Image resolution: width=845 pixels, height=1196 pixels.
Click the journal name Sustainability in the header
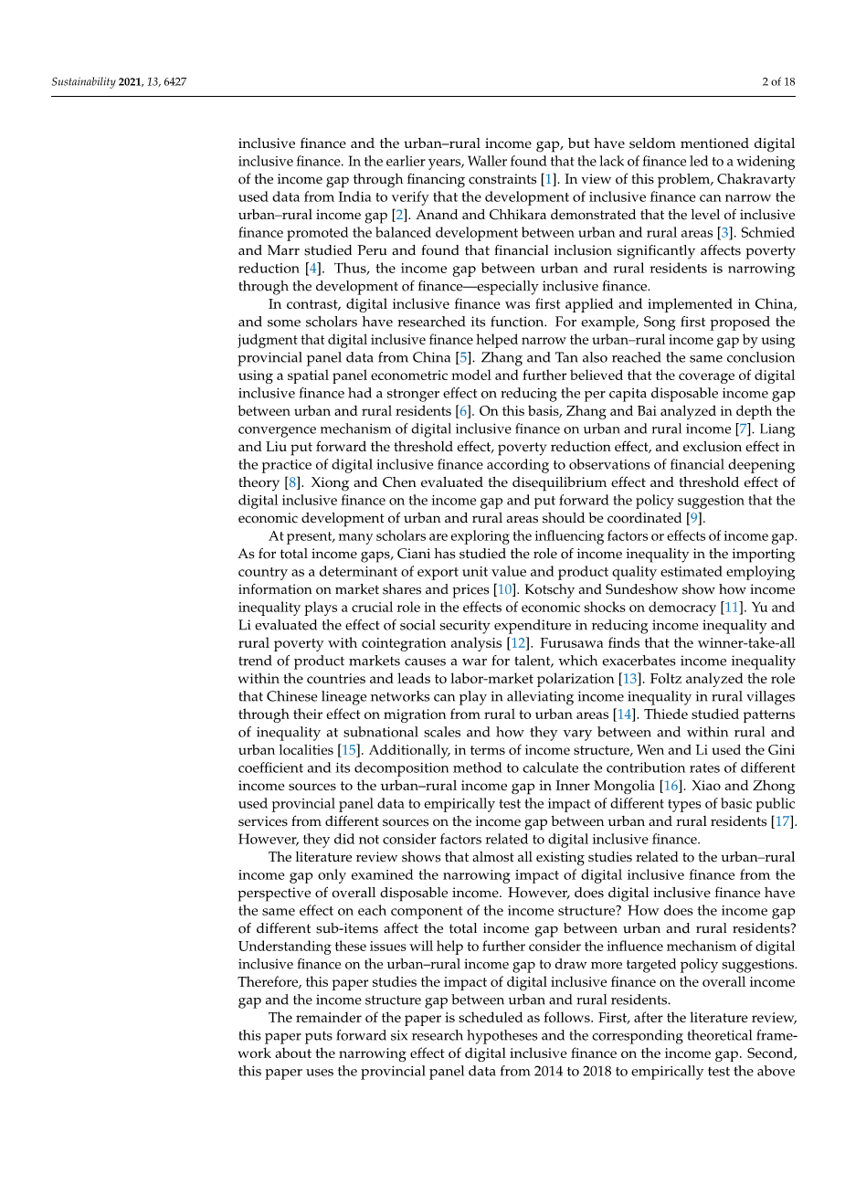pos(83,82)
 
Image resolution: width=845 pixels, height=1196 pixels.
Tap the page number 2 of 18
pos(777,82)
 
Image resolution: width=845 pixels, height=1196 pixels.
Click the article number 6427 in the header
pos(174,82)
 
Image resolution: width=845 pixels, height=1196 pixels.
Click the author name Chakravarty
pos(755,179)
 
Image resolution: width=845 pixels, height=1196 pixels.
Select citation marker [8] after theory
pos(292,482)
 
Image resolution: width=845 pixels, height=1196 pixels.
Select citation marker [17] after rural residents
pos(783,821)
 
